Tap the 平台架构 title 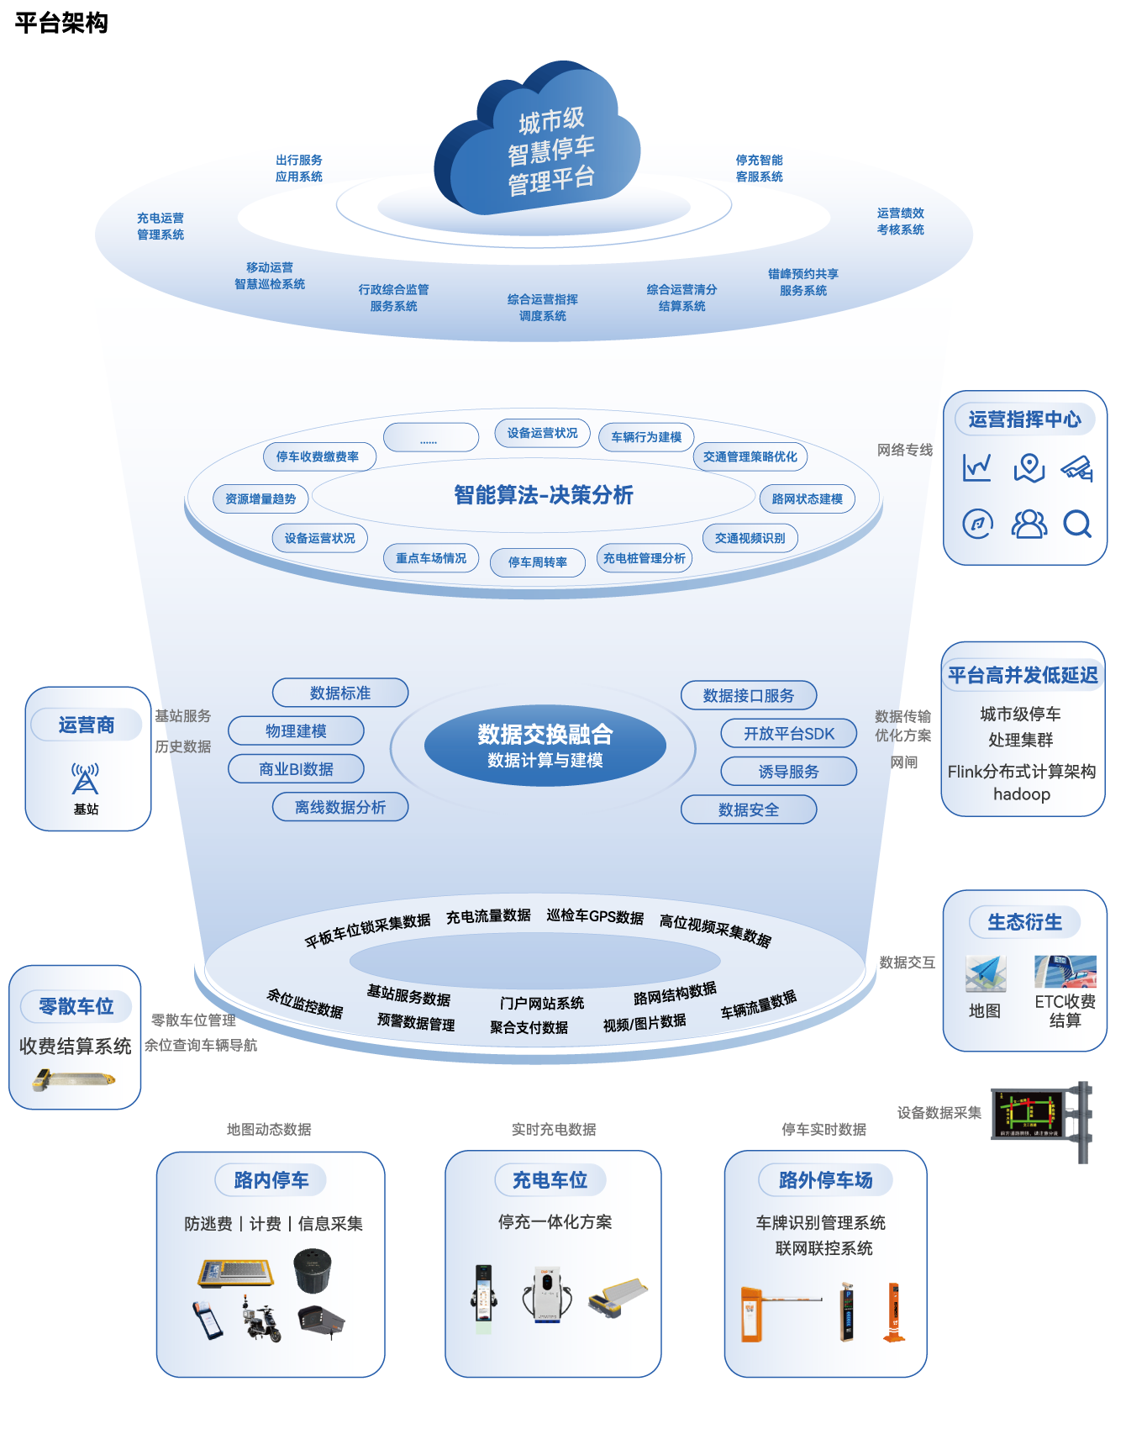click(x=61, y=23)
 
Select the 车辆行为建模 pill click(x=646, y=437)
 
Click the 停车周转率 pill click(x=538, y=562)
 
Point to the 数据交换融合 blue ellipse click(x=545, y=746)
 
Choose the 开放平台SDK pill click(x=789, y=734)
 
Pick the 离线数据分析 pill click(x=340, y=807)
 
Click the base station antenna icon click(x=86, y=778)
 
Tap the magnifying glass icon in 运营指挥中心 click(x=1076, y=525)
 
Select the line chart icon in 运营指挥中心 click(x=977, y=467)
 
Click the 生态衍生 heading click(x=1024, y=922)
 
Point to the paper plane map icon click(x=986, y=974)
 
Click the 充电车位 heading click(x=550, y=1180)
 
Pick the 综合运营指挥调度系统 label click(x=543, y=308)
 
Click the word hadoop click(x=1022, y=794)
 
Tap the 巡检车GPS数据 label click(x=595, y=916)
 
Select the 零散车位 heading click(x=76, y=1006)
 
